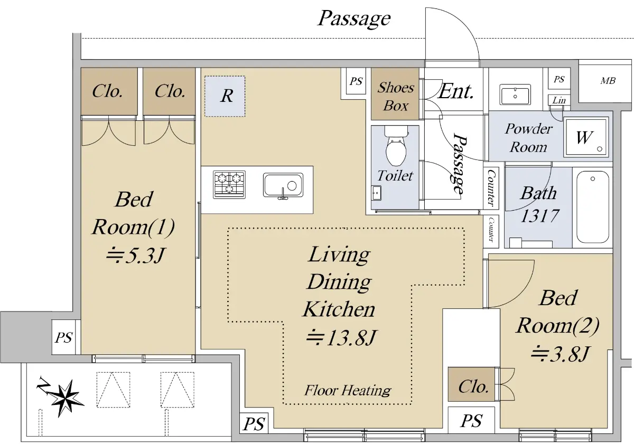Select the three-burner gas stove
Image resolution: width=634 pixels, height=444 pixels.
pos(229,184)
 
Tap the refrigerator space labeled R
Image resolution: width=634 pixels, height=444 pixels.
pos(226,96)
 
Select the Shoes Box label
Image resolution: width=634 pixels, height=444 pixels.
pos(396,97)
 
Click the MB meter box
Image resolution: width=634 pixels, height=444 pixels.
pos(608,81)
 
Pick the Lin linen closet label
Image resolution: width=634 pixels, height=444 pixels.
pos(558,100)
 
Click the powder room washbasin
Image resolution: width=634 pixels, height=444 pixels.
pos(515,96)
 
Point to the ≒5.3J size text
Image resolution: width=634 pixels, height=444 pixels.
pos(135,256)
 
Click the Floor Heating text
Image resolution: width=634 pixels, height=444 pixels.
pos(347,391)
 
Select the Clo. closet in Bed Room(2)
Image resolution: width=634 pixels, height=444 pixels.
pos(473,386)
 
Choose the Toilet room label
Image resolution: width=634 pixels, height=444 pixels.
pos(395,175)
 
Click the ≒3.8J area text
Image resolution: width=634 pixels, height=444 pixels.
pos(558,353)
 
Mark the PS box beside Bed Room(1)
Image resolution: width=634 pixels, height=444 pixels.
pos(64,337)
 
